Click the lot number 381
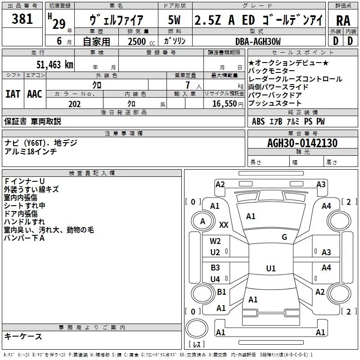click(x=22, y=19)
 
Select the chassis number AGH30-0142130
click(x=302, y=143)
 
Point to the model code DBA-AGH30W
click(x=257, y=41)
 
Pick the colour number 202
click(x=74, y=104)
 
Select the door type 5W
click(x=175, y=20)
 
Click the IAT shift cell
click(x=13, y=94)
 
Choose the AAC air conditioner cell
click(x=35, y=94)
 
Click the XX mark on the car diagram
click(x=223, y=225)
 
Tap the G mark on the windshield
click(x=284, y=237)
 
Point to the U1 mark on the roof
click(x=270, y=268)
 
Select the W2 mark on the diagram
click(x=216, y=241)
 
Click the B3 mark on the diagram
click(x=216, y=268)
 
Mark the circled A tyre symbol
click(x=202, y=221)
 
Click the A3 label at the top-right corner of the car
click(x=321, y=184)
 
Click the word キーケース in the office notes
click(x=23, y=337)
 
